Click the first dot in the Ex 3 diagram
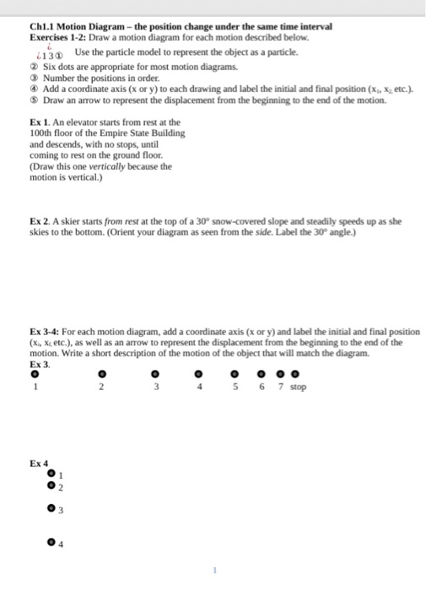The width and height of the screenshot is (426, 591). (x=35, y=372)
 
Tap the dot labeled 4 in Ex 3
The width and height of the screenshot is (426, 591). (x=198, y=373)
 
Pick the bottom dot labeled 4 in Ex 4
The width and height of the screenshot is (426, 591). (x=51, y=541)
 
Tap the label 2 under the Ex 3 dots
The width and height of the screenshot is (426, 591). (x=100, y=388)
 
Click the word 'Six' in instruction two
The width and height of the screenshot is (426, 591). (x=50, y=65)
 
